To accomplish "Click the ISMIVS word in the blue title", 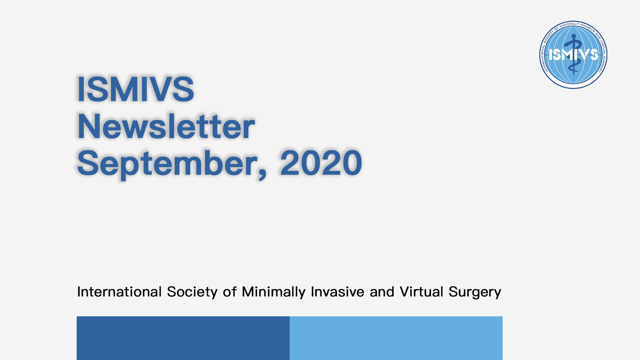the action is [136, 89].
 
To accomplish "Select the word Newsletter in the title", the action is [166, 126].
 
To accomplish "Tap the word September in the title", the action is [168, 164].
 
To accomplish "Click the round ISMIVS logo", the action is [573, 55].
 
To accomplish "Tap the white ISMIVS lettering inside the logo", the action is [573, 54].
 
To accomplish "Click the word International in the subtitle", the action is [119, 292].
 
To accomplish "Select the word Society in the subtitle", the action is [192, 292].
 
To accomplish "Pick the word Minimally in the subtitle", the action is [274, 292].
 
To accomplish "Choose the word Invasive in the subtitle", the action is [337, 292].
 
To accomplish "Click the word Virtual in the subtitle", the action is [421, 292].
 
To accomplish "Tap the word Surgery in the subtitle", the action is [475, 292].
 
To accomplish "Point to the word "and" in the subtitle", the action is [382, 292].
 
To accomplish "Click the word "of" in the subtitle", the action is [230, 292].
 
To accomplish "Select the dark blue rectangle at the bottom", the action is [183, 338].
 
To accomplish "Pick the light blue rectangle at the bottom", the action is [396, 338].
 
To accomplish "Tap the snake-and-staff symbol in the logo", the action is [573, 54].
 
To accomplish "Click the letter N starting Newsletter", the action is [88, 126].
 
